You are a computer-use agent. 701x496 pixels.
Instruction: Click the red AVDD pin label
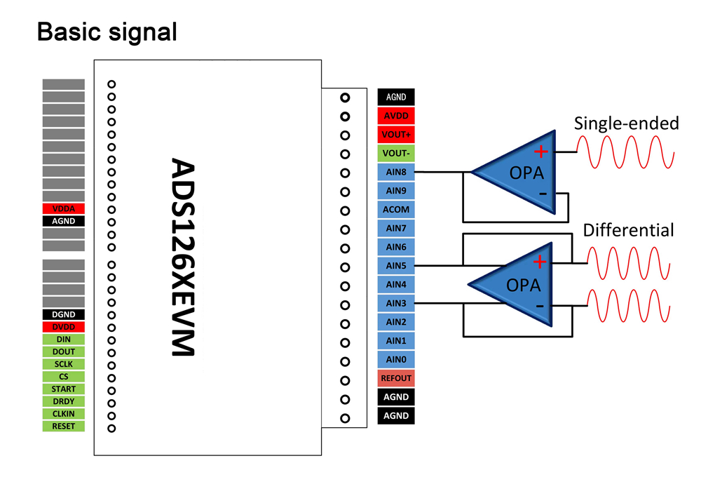click(396, 116)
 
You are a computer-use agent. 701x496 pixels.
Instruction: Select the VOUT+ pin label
click(396, 135)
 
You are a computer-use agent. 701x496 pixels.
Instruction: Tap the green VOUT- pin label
click(396, 153)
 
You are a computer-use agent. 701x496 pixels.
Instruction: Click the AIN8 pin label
click(396, 172)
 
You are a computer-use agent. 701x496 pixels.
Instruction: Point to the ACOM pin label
click(396, 209)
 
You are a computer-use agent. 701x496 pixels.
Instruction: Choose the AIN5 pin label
click(396, 266)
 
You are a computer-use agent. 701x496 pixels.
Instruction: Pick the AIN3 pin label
click(396, 303)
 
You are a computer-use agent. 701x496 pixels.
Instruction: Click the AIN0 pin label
click(396, 359)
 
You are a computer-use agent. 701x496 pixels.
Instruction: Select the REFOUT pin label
click(396, 378)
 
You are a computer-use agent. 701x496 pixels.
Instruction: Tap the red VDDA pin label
click(63, 208)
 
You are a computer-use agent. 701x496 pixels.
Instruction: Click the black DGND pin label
click(63, 315)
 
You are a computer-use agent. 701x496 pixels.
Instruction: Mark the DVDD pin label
click(63, 327)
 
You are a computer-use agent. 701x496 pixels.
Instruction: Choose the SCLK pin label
click(63, 364)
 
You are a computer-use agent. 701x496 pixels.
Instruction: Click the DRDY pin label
click(63, 401)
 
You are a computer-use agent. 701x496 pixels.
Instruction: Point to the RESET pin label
click(63, 426)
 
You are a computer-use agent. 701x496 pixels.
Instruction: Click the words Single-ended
click(626, 123)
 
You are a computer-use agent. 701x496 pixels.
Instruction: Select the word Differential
click(628, 230)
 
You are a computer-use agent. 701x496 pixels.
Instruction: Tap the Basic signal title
click(107, 32)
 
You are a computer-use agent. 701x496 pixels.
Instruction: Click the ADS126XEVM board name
click(184, 257)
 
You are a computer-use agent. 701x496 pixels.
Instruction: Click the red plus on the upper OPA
click(540, 151)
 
